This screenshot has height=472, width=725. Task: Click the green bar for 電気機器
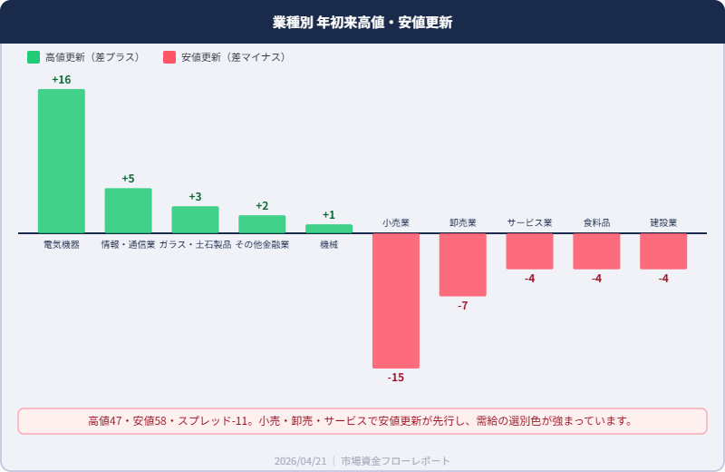(x=61, y=161)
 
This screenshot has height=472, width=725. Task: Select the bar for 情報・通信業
(x=128, y=211)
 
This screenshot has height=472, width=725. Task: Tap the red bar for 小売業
(x=396, y=300)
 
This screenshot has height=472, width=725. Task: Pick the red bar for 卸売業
(x=463, y=265)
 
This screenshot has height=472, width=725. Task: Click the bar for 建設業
(x=663, y=251)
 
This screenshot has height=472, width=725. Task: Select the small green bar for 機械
(x=329, y=229)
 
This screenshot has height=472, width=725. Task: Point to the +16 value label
(x=61, y=80)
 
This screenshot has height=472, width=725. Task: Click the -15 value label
(x=396, y=378)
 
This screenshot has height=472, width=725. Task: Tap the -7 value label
(x=463, y=306)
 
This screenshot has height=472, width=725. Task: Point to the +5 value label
(x=128, y=179)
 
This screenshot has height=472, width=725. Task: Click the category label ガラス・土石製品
(x=195, y=245)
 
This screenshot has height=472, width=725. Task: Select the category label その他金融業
(x=262, y=245)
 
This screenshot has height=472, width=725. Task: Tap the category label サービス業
(x=529, y=222)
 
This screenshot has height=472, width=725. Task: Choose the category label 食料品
(x=596, y=222)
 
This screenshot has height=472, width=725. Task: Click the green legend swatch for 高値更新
(x=34, y=57)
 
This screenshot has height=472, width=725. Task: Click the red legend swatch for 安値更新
(x=169, y=57)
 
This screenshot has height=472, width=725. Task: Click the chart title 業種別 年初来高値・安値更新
(x=362, y=22)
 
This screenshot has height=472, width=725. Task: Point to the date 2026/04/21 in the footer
(x=300, y=461)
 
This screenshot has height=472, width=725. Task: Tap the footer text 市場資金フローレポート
(x=395, y=461)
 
